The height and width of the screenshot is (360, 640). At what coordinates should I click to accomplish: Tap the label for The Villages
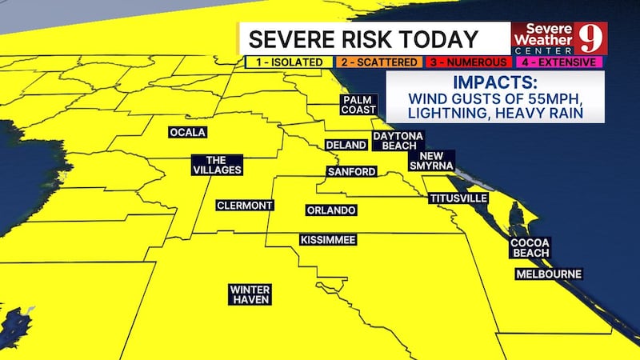(216, 164)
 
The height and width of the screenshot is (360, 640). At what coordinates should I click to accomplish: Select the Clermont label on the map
(245, 206)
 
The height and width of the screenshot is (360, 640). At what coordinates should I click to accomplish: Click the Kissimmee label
(327, 240)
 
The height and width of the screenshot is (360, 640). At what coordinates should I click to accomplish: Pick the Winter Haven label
(249, 294)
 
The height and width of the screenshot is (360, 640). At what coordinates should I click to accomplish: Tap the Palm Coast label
(353, 105)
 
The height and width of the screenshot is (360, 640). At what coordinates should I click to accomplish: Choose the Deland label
(346, 145)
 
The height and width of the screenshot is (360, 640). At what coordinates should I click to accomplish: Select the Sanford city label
(350, 172)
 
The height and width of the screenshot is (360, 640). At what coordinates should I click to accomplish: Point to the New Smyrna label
(431, 160)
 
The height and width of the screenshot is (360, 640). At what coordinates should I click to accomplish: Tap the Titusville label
(458, 198)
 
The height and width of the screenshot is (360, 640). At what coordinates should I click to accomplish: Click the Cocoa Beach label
(530, 248)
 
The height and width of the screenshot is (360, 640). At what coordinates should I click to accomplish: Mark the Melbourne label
(548, 274)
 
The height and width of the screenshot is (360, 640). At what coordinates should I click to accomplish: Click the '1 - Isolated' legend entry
(286, 62)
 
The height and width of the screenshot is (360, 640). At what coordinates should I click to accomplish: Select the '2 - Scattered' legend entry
(376, 62)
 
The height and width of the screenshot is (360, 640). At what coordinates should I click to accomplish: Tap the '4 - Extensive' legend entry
(558, 62)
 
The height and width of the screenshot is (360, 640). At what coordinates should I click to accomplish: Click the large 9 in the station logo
(590, 37)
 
